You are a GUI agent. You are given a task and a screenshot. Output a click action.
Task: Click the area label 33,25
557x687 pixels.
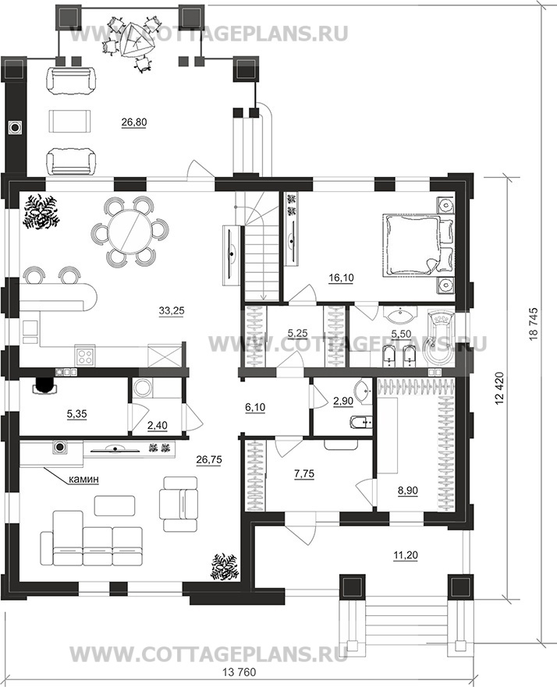coord(172,310)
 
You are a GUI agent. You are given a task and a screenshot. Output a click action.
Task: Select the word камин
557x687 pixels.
coord(83,480)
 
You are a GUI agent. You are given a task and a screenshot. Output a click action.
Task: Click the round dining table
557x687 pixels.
coord(129,232)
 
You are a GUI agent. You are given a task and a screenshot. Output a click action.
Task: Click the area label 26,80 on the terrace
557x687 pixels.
coord(134,122)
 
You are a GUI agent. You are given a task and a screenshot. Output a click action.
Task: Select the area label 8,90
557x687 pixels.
coord(407,490)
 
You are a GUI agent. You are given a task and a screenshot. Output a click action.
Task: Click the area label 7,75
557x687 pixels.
coord(305,473)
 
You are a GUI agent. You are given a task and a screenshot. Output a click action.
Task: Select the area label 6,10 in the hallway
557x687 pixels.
coord(255,408)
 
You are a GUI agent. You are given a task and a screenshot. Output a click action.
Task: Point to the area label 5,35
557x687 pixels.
coord(76,413)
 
